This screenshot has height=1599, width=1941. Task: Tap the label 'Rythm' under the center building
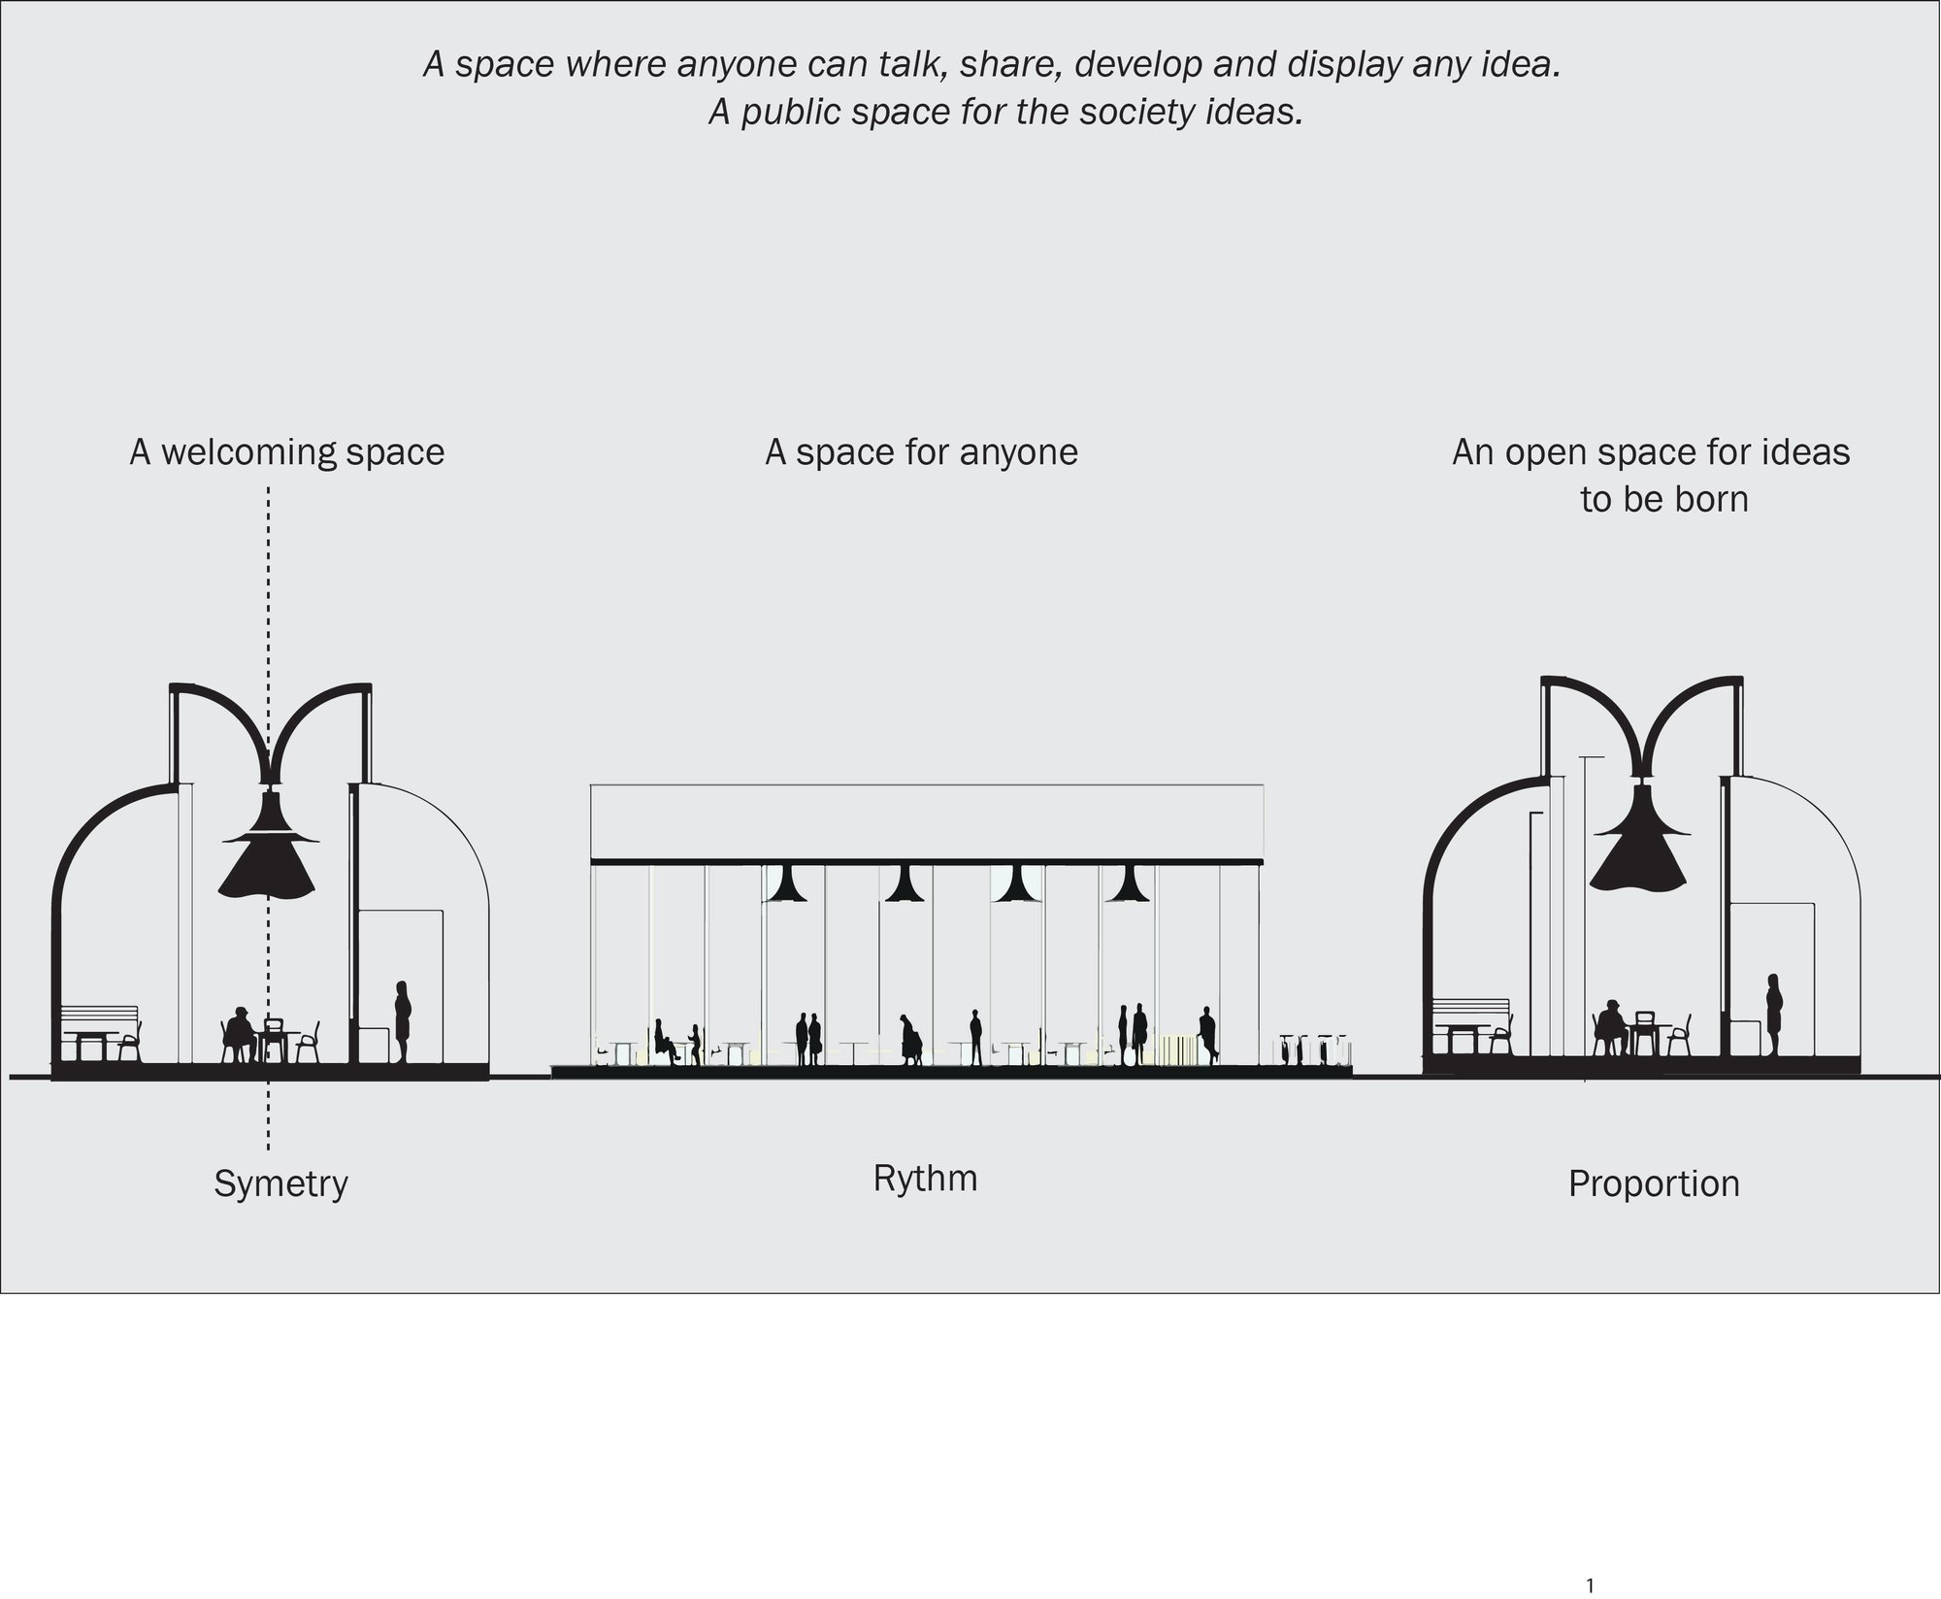925,1180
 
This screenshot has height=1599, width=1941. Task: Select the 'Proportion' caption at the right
1654,1184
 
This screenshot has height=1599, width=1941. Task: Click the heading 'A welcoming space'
287,452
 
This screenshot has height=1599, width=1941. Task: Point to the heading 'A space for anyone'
921,452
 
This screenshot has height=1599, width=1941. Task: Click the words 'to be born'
1664,500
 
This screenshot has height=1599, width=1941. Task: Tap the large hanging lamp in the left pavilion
269,841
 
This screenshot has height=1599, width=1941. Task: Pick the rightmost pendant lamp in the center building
1126,883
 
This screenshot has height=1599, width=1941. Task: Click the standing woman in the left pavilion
402,1021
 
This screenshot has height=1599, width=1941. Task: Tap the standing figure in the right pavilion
1774,1015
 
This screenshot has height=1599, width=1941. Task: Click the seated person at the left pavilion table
239,1035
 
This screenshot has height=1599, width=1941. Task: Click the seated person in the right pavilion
1611,1027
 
